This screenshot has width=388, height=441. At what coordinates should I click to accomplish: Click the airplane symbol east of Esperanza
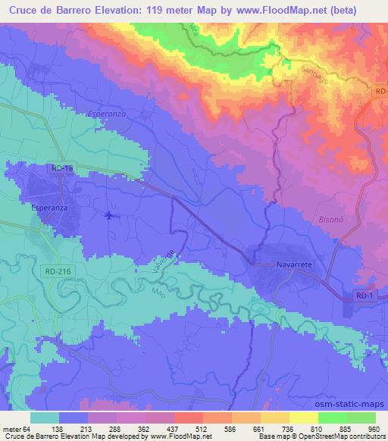(111, 215)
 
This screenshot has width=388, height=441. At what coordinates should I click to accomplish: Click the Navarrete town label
(292, 266)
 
